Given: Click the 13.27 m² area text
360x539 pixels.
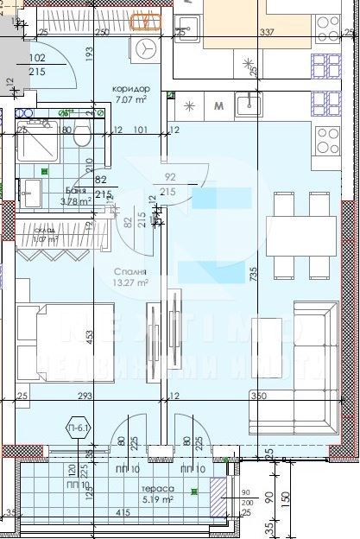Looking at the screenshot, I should pyautogui.click(x=131, y=282).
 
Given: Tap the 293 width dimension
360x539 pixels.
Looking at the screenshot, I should pyautogui.click(x=84, y=372).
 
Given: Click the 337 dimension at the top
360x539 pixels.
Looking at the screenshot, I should pyautogui.click(x=266, y=34).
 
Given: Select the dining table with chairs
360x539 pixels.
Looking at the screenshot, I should pyautogui.click(x=291, y=224).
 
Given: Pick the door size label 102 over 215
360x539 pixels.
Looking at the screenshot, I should pyautogui.click(x=37, y=65).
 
